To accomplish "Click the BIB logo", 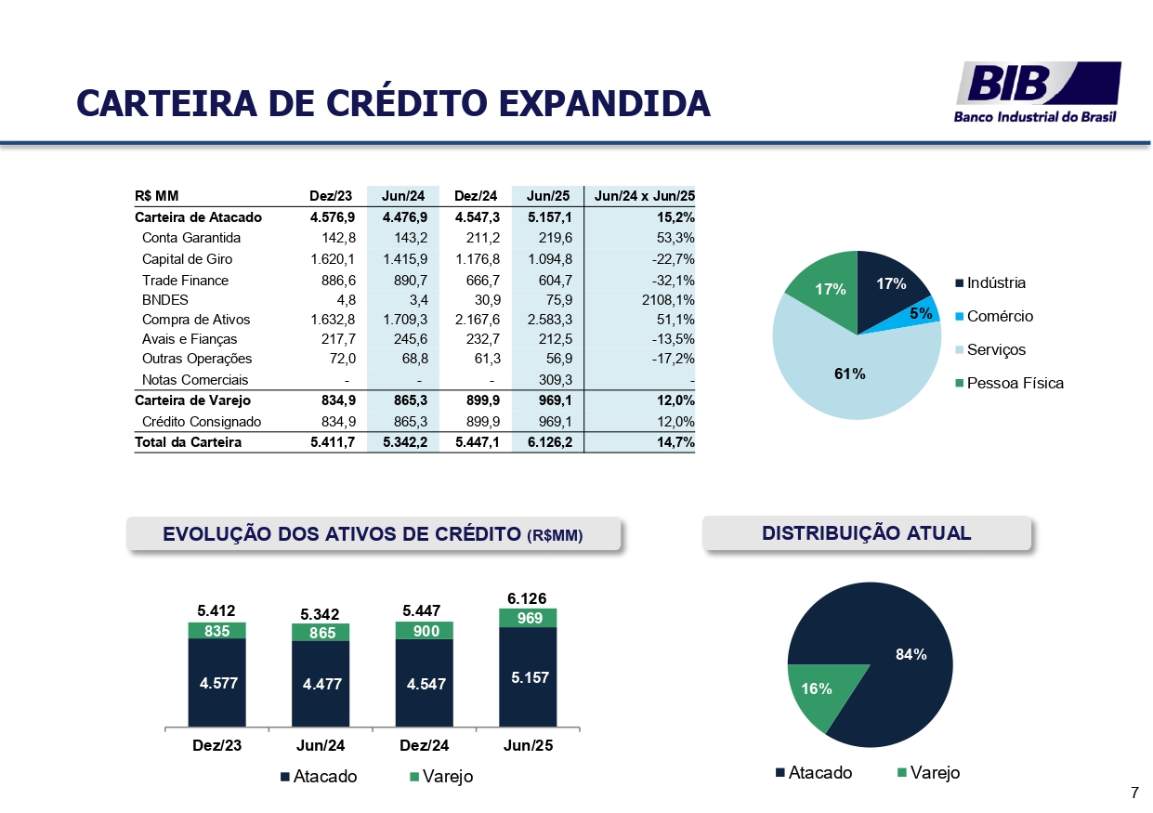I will click(1038, 91).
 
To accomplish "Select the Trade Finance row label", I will click(185, 280).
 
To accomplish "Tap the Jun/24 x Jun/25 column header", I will click(644, 196).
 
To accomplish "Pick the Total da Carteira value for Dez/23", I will click(332, 442).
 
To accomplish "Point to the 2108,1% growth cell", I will click(667, 299).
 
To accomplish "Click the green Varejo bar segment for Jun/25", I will click(528, 618).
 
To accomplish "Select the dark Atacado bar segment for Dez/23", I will click(217, 682).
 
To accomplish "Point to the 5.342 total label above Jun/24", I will click(321, 614).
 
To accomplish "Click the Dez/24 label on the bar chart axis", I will click(424, 745).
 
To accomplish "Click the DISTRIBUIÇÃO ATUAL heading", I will click(866, 533).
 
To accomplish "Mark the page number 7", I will click(1134, 793).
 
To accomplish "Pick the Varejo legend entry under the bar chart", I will click(441, 777).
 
